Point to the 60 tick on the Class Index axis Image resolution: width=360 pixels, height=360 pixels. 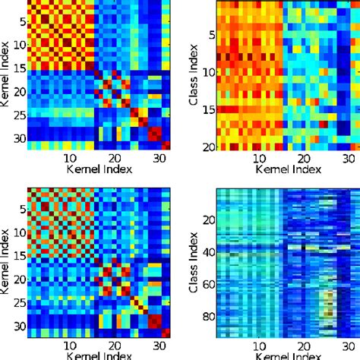[x=205, y=281]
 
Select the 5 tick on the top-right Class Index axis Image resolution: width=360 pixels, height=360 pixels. [x=208, y=34]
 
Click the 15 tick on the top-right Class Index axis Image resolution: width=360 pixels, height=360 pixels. [x=205, y=111]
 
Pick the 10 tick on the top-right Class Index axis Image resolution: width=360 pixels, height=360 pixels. [x=205, y=73]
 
